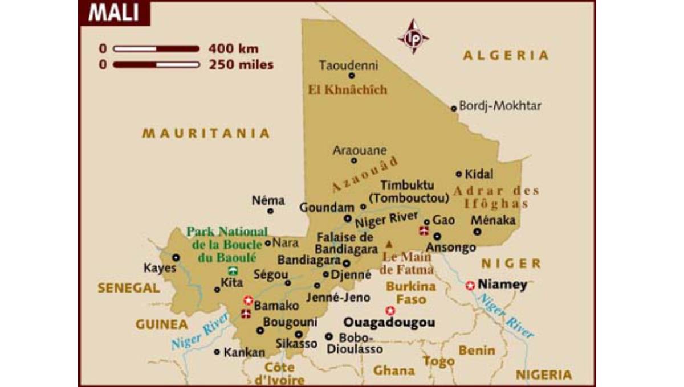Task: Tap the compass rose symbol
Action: coord(413,36)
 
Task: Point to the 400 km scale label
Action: coord(234,48)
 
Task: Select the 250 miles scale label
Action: coord(241,64)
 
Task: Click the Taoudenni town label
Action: coord(348,64)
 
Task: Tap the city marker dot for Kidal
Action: coord(459,174)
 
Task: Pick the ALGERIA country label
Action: coord(506,55)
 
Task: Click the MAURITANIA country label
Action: coord(206,133)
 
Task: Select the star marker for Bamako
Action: coord(248,300)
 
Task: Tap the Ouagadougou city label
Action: coord(389,323)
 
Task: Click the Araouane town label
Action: coord(360,150)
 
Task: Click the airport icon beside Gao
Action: coord(424,230)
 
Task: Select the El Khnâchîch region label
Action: coord(347,89)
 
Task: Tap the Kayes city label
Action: coord(160,268)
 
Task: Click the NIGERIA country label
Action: coord(543,374)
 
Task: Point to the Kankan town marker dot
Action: coord(217,352)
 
